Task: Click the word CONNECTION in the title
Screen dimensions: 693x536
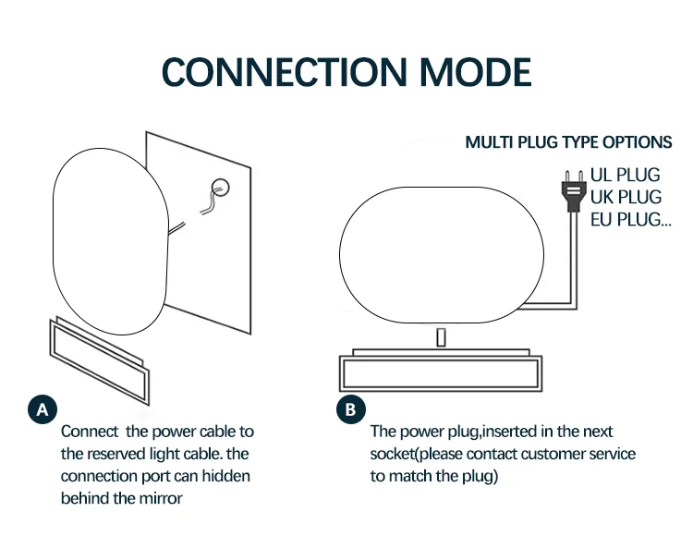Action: point(285,72)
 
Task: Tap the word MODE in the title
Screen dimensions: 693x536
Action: point(475,72)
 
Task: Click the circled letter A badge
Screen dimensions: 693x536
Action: point(43,409)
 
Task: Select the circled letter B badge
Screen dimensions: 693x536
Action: point(350,409)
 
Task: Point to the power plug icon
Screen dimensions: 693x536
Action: point(574,192)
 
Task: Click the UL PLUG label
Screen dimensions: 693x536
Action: point(625,175)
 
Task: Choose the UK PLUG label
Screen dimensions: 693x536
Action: point(626,197)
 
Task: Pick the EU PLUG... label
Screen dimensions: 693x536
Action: point(631,219)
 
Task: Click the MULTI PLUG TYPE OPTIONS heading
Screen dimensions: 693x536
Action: point(568,142)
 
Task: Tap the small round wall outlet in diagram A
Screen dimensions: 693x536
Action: point(221,188)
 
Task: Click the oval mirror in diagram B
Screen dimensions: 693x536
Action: point(442,255)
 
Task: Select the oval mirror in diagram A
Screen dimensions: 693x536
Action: point(111,241)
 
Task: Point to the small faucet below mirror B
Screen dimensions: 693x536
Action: point(441,338)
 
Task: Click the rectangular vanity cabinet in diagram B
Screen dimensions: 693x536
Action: point(441,371)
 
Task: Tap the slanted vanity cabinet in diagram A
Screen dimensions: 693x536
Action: point(100,360)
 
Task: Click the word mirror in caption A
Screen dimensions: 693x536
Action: point(161,498)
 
